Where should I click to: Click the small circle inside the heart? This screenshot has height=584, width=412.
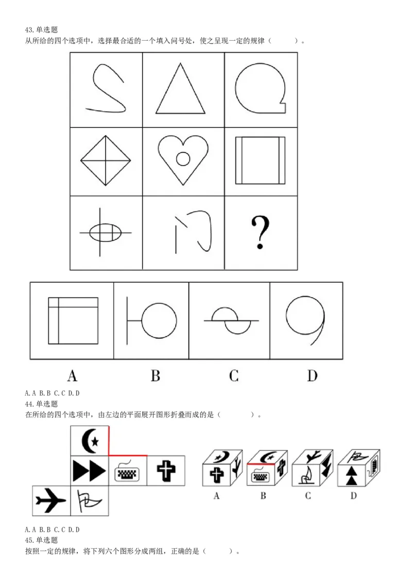pyautogui.click(x=183, y=159)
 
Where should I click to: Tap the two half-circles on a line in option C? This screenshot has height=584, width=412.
pyautogui.click(x=231, y=320)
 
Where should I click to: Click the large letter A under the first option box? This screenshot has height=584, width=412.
pyautogui.click(x=72, y=375)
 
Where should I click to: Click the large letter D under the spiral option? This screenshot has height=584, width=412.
pyautogui.click(x=312, y=375)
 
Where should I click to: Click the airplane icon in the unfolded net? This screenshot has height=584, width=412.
pyautogui.click(x=50, y=500)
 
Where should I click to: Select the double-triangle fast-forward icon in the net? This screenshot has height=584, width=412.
pyautogui.click(x=89, y=471)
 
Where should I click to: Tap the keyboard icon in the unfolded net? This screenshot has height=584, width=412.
pyautogui.click(x=127, y=471)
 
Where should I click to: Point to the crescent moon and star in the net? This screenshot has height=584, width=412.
pyautogui.click(x=90, y=440)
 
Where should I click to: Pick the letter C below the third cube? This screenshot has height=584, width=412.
pyautogui.click(x=308, y=496)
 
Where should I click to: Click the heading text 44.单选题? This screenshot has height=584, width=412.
pyautogui.click(x=41, y=404)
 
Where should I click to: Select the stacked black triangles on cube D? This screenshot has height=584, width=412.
pyautogui.click(x=351, y=475)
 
